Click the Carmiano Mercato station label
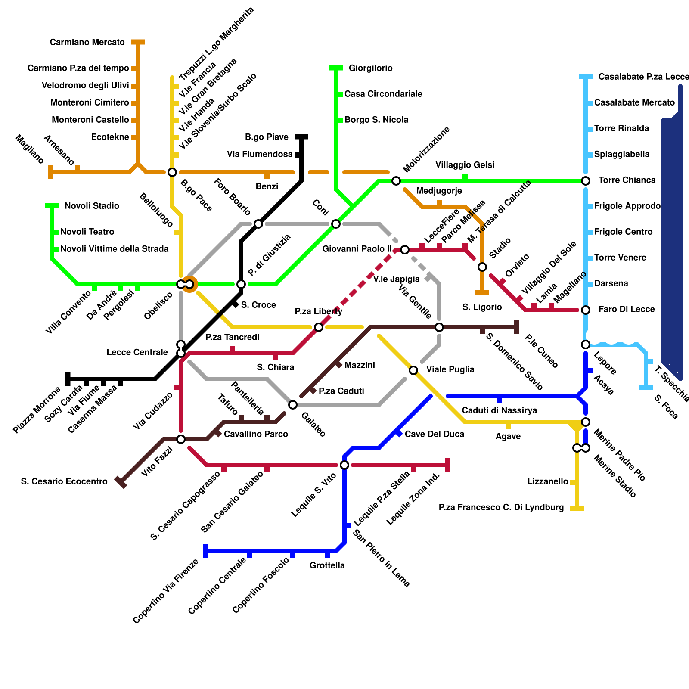tap(87, 42)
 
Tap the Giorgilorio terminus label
tap(370, 68)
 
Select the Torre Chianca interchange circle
tap(586, 181)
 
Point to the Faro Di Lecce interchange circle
tap(586, 310)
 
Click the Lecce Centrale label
tap(137, 352)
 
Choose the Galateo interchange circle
tap(293, 405)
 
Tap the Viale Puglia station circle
tap(413, 370)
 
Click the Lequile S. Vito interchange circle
tap(344, 465)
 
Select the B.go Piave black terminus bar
tap(301, 137)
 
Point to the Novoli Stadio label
tap(92, 206)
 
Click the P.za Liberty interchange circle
tap(319, 327)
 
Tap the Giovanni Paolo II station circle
tap(405, 250)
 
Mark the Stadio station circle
tap(482, 267)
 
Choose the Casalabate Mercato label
tap(634, 102)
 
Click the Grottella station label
tap(327, 565)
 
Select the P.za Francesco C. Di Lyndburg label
tap(501, 507)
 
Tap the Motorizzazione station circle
tap(396, 181)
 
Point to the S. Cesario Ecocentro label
tap(64, 481)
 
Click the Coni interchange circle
tap(336, 224)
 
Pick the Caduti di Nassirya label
tap(500, 410)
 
